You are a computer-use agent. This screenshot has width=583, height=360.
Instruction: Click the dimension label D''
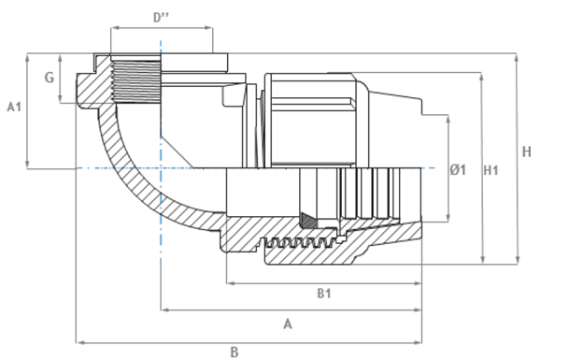pos(161,18)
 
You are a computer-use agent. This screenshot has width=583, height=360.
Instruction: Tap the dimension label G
pos(50,78)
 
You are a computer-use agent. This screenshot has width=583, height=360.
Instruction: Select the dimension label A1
pos(14,107)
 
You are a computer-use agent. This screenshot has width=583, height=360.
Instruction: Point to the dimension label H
pos(527,151)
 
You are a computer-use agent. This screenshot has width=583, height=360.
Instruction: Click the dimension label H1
pos(491,170)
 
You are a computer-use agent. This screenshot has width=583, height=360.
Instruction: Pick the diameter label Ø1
pos(458,170)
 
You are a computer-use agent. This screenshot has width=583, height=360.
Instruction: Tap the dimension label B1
pos(324,294)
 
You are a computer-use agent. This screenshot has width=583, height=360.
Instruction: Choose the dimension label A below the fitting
pos(288,324)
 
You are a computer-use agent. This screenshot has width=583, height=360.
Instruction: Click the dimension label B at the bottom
pos(235,353)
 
